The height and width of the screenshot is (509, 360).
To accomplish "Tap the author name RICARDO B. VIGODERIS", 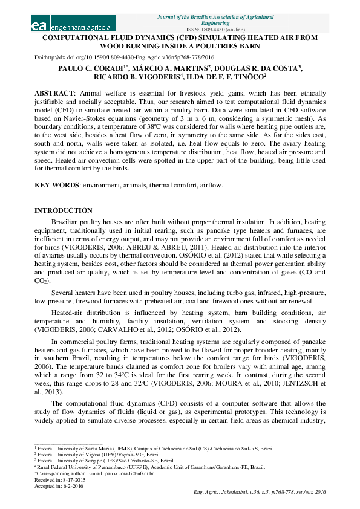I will pos(123,78).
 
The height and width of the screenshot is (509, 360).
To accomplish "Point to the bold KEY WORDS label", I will pos(56,186).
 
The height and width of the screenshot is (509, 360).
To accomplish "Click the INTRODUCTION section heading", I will pos(64,210).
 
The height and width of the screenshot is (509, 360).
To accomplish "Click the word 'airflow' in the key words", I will pos(211,186).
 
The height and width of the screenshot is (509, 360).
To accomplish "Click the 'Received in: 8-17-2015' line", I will pos(56,479).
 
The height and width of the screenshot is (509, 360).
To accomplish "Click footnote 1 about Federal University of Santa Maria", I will pos(154,449).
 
